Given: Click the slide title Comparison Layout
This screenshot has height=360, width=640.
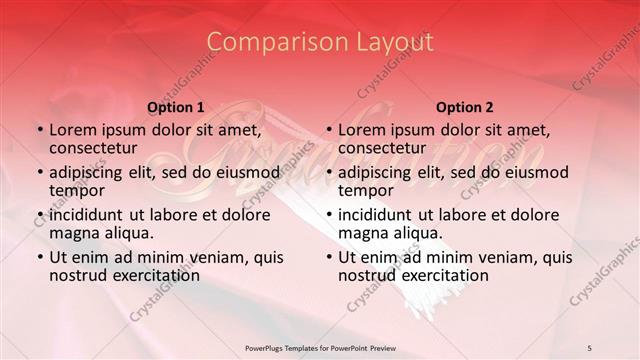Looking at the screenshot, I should [320, 42].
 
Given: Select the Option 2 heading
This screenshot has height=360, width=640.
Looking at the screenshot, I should [464, 107].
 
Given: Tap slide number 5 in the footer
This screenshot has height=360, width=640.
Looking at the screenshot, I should [590, 347].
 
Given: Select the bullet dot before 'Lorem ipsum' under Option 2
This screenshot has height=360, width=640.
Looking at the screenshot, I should [328, 131].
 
